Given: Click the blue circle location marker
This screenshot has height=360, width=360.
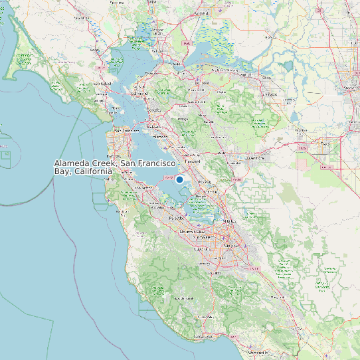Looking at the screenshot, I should (179, 179).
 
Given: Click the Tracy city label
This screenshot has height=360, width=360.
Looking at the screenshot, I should (325, 142).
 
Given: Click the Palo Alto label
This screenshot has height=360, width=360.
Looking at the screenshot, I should (177, 217).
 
